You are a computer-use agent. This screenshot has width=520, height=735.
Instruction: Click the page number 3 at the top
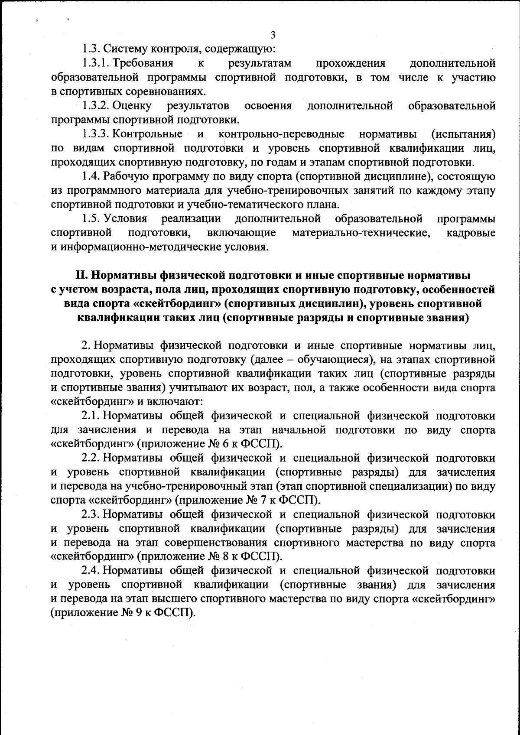pyautogui.click(x=273, y=35)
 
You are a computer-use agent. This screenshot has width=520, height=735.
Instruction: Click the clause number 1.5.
pyautogui.click(x=91, y=218)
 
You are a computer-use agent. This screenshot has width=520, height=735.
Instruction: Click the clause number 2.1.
pyautogui.click(x=91, y=416)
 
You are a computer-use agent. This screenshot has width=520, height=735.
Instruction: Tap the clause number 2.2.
pyautogui.click(x=91, y=458)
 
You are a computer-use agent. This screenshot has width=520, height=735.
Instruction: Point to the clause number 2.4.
pyautogui.click(x=91, y=571)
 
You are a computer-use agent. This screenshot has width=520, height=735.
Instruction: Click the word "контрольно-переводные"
pyautogui.click(x=282, y=134)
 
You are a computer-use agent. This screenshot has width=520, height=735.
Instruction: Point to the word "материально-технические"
pyautogui.click(x=361, y=233)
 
